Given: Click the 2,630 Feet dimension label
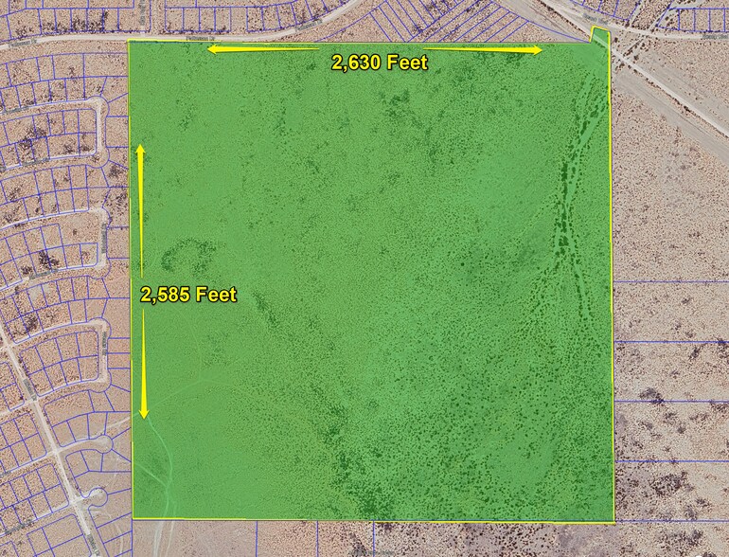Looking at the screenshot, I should click(379, 63).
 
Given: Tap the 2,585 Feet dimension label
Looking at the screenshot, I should click(188, 295).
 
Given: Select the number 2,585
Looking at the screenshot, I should click(164, 295).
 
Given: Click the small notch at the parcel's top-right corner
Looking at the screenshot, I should click(598, 35).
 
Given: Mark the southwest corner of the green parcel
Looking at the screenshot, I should click(133, 517).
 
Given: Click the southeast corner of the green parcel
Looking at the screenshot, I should click(613, 520).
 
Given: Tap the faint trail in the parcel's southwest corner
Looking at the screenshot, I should click(161, 464).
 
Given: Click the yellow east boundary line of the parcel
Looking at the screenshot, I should click(611, 284).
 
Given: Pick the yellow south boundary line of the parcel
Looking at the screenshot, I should click(379, 519).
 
